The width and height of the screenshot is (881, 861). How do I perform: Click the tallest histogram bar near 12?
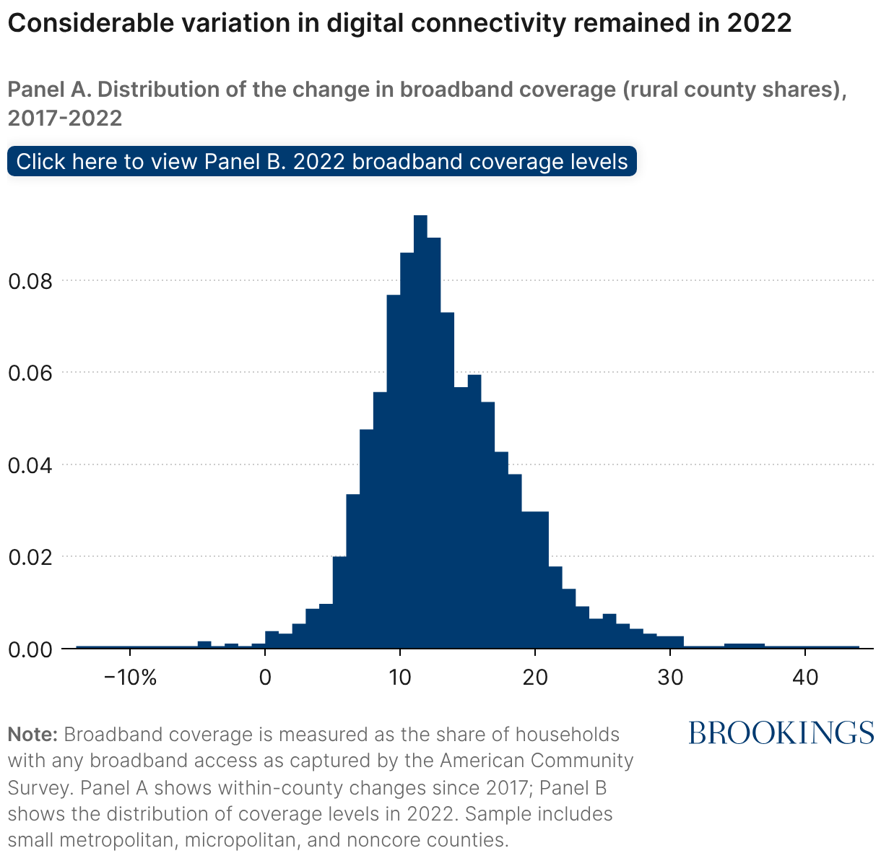[420, 433]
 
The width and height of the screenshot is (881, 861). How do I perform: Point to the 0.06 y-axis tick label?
[30, 373]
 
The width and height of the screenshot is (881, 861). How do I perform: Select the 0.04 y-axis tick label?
[30, 464]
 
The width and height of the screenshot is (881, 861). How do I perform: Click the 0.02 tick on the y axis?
[30, 557]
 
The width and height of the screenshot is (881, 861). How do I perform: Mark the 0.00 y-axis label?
[30, 649]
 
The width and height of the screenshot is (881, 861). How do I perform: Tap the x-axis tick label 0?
[265, 678]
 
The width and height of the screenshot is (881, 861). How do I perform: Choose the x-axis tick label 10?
[400, 678]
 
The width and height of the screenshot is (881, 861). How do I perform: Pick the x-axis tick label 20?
[535, 678]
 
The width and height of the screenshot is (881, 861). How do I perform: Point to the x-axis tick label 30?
[670, 678]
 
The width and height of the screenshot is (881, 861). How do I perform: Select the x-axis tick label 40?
[805, 678]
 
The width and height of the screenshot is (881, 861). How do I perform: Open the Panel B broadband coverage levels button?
[322, 161]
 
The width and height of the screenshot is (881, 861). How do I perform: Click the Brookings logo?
[781, 732]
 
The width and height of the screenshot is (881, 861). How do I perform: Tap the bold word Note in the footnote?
[32, 735]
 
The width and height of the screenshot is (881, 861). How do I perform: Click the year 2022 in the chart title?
[759, 24]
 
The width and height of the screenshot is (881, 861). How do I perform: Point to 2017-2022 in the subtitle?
[65, 118]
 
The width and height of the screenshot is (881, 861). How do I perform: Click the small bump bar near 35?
[745, 646]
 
